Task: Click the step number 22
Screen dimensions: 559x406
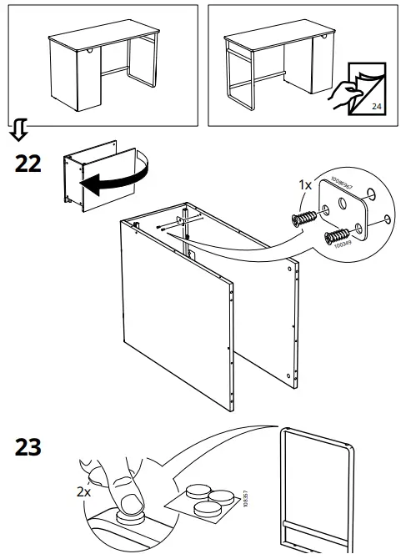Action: point(28,164)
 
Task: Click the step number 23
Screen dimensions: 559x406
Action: point(28,448)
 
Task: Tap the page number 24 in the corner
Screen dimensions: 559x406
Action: point(376,106)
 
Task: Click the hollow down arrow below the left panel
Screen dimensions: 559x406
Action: point(18,129)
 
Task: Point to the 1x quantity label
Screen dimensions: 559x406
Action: point(306,185)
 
